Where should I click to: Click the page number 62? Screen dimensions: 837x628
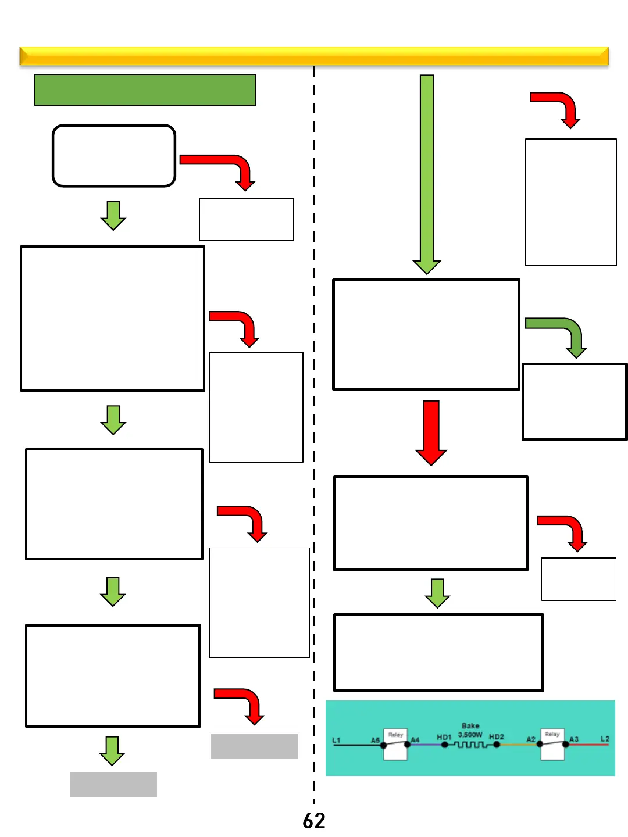314,820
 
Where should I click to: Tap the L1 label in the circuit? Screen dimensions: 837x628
336,740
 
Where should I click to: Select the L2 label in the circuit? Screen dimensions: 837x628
605,739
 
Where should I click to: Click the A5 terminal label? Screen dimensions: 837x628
375,740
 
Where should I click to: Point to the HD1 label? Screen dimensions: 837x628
444,737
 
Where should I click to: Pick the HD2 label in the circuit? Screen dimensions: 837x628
496,736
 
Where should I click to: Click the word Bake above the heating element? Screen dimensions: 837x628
470,725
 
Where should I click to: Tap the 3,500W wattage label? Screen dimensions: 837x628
470,735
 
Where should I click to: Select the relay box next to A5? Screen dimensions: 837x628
395,744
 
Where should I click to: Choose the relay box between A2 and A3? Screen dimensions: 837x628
552,744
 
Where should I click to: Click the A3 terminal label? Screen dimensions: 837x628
574,739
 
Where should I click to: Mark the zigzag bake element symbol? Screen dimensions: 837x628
471,745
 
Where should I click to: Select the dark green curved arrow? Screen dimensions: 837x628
558,334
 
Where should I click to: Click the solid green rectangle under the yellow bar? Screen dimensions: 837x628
145,90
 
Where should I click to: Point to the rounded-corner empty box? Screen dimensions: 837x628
114,156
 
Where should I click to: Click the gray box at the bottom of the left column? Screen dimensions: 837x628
113,784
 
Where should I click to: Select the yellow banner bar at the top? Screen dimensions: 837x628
314,56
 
